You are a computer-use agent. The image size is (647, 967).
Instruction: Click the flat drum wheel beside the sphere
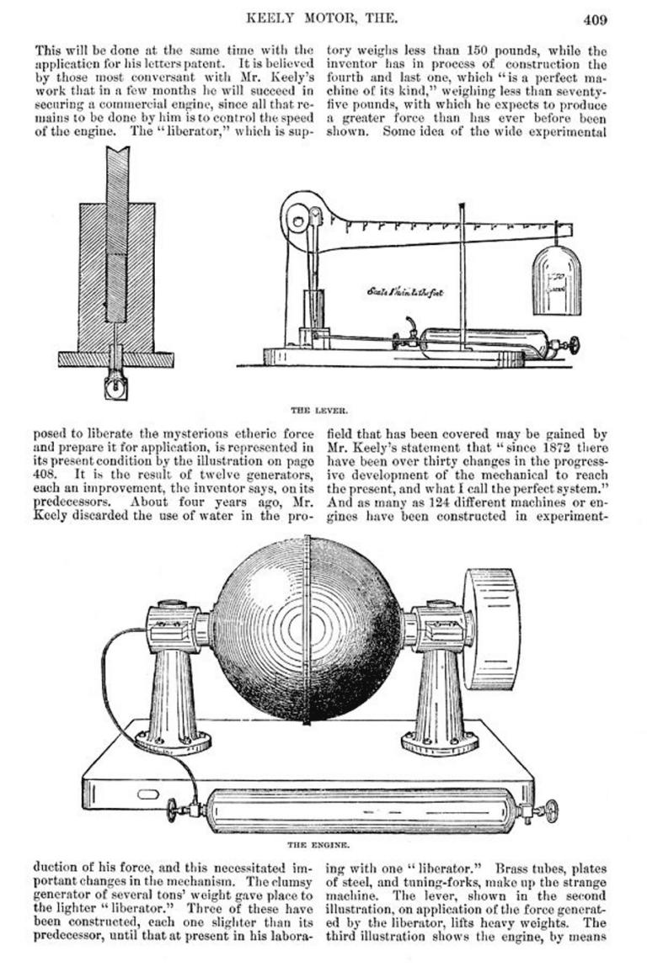pyautogui.click(x=490, y=627)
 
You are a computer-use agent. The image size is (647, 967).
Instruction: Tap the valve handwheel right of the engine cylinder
pyautogui.click(x=550, y=810)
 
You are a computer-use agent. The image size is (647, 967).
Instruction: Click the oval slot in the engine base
pyautogui.click(x=147, y=793)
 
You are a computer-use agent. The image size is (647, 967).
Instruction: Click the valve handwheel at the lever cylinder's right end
pyautogui.click(x=576, y=345)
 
